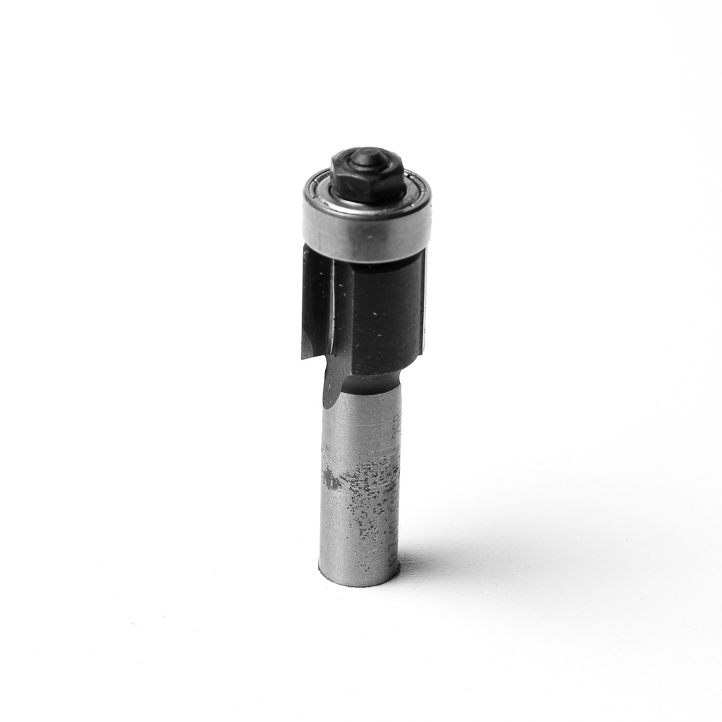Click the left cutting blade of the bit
point(316,303)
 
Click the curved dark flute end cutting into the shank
point(334,386)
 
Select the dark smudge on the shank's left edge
point(331,479)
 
